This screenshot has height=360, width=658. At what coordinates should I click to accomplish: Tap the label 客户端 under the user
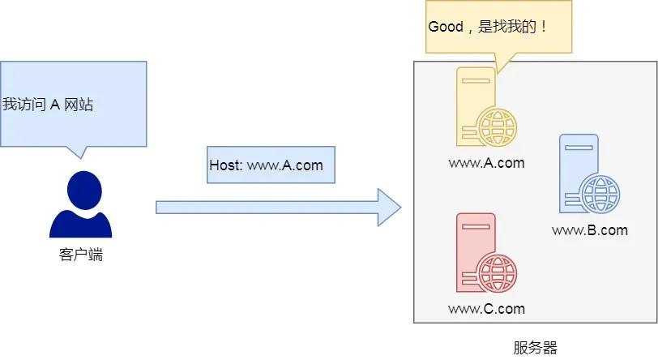[80, 255]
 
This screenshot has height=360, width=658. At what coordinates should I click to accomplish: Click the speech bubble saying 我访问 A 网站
[74, 104]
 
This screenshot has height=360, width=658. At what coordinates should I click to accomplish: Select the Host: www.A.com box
[271, 165]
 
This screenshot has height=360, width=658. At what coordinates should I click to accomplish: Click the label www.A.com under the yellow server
[486, 163]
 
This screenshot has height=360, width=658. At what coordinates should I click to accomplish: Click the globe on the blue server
[600, 194]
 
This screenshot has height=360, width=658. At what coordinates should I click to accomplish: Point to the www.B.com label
[589, 230]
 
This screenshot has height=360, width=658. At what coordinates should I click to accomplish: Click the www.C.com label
[486, 309]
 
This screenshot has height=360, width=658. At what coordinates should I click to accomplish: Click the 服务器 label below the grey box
[536, 348]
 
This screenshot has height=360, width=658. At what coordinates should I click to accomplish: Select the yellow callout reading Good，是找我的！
[499, 28]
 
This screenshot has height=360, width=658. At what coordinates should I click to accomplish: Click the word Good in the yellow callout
[445, 27]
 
